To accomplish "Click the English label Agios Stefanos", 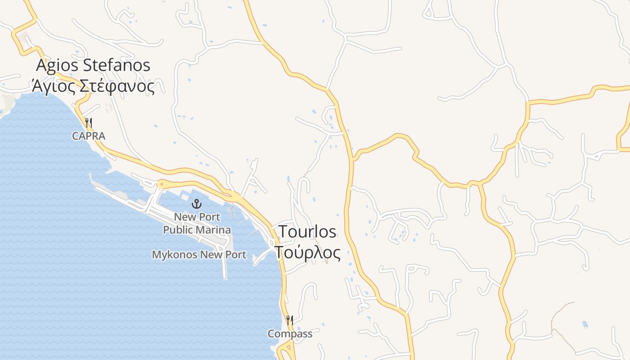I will click(93, 65).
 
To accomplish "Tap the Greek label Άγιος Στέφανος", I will click(93, 85).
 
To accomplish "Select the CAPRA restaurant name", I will click(89, 136).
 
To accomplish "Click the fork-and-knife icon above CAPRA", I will click(89, 123).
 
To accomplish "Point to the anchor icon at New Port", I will click(197, 204).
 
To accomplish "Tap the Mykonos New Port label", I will click(199, 255).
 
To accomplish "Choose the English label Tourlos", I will click(307, 231).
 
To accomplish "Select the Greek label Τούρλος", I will click(307, 252).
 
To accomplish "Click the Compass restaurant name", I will click(290, 334).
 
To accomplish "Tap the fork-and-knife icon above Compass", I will click(290, 320).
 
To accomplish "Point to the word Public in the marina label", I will click(178, 230).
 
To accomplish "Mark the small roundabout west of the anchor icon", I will click(161, 184).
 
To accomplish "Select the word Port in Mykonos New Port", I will click(236, 255).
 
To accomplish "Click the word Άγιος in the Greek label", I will click(53, 86).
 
